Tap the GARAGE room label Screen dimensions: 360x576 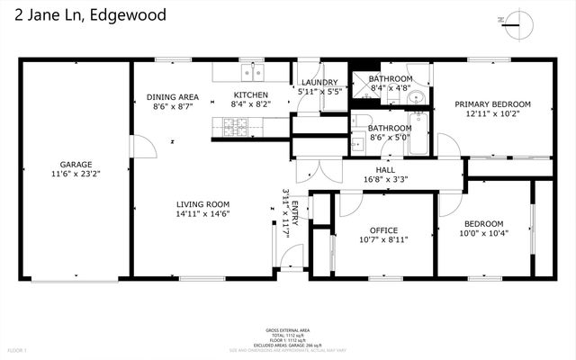point(77,165)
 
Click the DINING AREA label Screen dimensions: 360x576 point(173,97)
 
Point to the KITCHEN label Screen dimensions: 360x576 point(250,95)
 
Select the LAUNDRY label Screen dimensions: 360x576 point(319,83)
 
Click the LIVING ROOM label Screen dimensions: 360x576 point(203,204)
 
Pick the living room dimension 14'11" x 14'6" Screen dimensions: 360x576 point(203,214)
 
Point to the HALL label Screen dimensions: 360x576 point(385,169)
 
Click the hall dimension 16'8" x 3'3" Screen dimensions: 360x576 point(385,179)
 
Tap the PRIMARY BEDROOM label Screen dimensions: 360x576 point(491,104)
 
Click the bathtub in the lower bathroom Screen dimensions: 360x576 point(419,136)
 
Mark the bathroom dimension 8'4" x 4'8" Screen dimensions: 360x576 point(390,88)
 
